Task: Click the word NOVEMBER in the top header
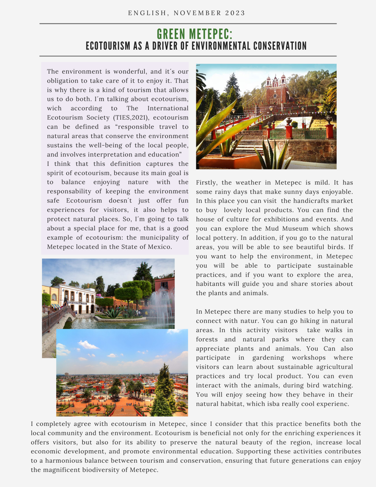click(198, 13)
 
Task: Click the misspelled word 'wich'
click(54, 109)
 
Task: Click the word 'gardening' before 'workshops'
click(268, 358)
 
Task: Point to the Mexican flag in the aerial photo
click(139, 374)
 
